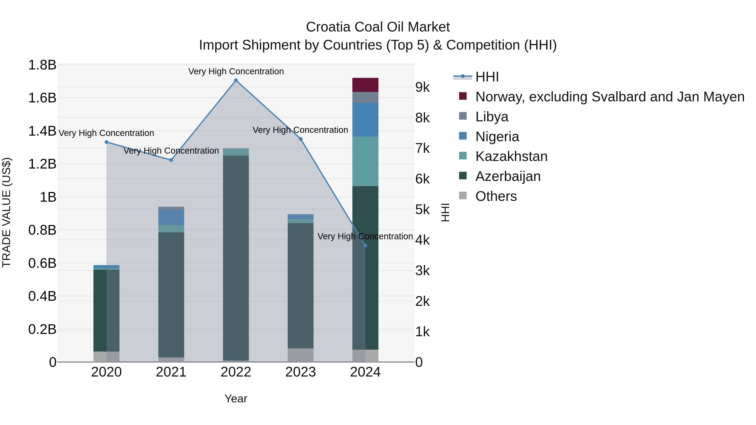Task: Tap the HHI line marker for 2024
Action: point(365,246)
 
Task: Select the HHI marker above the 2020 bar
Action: point(106,142)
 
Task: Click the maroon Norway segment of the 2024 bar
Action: point(365,85)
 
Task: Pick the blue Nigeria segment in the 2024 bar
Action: point(365,120)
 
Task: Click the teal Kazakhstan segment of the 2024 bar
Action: point(365,161)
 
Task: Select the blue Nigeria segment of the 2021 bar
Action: point(171,217)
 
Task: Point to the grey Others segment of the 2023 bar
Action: point(300,355)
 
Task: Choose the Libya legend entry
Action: point(492,117)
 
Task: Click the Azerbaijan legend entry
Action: point(508,176)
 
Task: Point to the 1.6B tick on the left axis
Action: point(42,98)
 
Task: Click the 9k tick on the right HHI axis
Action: point(422,87)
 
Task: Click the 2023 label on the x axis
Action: point(300,372)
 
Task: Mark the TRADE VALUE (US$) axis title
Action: point(7,212)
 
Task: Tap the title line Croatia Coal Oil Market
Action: point(378,27)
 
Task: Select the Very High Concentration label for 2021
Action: point(171,151)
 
